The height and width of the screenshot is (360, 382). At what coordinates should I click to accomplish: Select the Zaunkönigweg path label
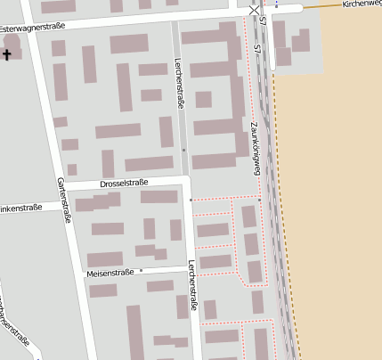(256, 143)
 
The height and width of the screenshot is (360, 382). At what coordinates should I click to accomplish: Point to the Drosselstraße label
(124, 183)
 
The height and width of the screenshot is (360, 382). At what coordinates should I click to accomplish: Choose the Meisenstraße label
(111, 272)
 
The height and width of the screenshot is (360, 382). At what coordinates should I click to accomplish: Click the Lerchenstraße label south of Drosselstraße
(192, 281)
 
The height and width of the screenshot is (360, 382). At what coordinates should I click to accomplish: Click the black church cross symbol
(7, 55)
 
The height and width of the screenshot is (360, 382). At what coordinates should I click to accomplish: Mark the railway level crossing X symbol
(256, 9)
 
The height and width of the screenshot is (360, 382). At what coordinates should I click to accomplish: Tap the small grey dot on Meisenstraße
(141, 270)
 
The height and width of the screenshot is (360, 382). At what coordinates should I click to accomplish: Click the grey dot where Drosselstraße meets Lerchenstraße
(191, 200)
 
